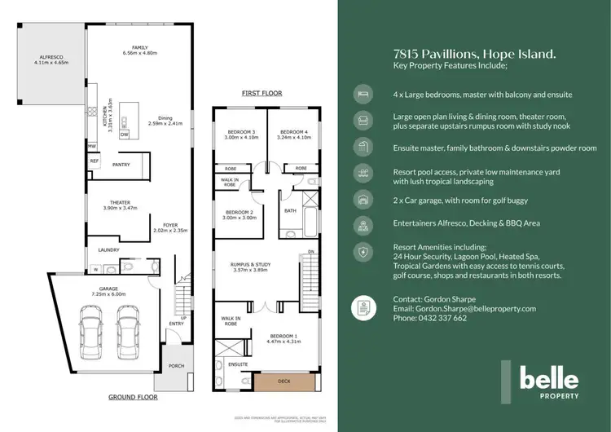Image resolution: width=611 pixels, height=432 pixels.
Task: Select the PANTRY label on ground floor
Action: [x=122, y=164]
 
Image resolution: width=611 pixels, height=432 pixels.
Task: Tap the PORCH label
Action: [x=176, y=366]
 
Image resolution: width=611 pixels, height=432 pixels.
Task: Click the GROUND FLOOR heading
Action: [x=133, y=398]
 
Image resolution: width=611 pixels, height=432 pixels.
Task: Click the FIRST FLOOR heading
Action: [x=262, y=94]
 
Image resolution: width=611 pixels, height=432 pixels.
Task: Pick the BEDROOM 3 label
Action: [x=242, y=134]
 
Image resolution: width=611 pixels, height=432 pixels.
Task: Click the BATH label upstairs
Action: [x=290, y=209]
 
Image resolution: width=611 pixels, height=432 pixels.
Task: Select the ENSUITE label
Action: [x=237, y=364]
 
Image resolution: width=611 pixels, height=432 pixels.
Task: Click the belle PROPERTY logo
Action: [x=549, y=383]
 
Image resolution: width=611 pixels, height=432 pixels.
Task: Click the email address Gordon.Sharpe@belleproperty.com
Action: [x=464, y=309]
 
